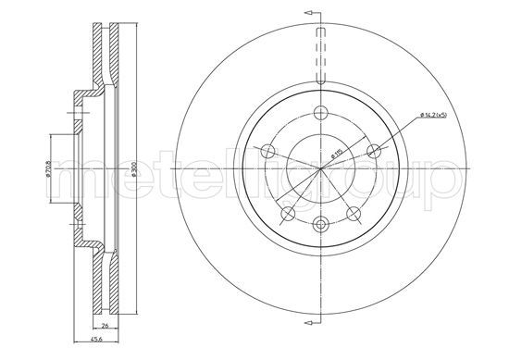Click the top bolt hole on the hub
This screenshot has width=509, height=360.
tap(320, 113)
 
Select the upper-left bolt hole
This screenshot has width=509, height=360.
tap(267, 151)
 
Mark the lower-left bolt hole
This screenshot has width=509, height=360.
tap(287, 214)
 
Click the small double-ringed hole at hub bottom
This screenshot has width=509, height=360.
tap(320, 224)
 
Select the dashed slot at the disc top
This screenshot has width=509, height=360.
tap(320, 56)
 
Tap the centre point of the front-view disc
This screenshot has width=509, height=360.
tap(320, 169)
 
